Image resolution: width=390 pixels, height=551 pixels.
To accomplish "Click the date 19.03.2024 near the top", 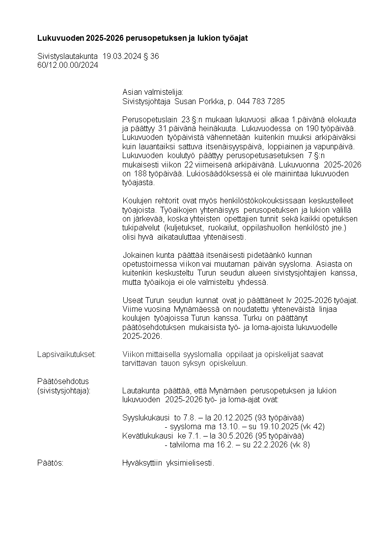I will pyautogui.click(x=118, y=56).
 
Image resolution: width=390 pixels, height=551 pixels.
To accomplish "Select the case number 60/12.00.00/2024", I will pyautogui.click(x=68, y=65).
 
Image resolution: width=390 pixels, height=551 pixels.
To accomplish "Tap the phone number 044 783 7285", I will pyautogui.click(x=260, y=102).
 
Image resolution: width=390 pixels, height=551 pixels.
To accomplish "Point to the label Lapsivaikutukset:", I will pyautogui.click(x=66, y=354).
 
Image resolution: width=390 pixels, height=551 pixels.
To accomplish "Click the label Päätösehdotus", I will pyautogui.click(x=62, y=381).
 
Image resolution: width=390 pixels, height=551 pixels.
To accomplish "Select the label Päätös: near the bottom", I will pyautogui.click(x=50, y=463).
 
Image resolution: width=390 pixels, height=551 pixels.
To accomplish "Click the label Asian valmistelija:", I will pyautogui.click(x=152, y=92).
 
